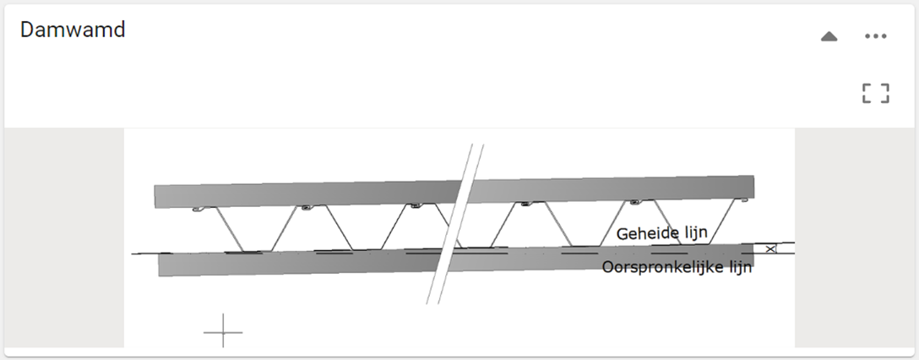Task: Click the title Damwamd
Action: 73,30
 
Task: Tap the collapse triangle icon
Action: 829,36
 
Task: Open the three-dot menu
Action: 876,36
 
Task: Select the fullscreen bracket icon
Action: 876,93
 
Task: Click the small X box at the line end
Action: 769,248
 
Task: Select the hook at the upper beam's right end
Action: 742,201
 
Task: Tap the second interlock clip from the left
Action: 302,207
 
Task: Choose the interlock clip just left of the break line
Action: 414,205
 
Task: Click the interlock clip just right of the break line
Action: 525,204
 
